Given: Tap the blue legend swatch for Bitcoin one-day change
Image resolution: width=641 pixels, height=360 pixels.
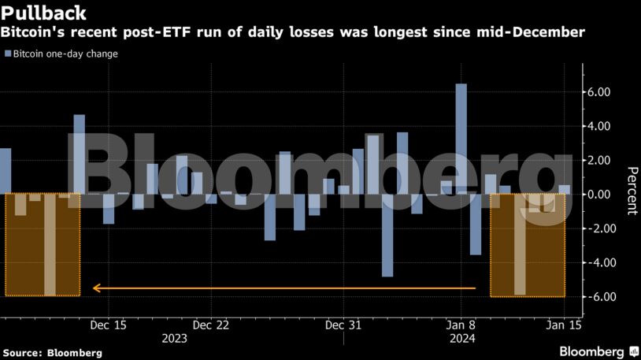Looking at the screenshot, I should coord(8,54).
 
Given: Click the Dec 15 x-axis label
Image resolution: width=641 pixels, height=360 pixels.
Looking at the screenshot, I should coord(109,325).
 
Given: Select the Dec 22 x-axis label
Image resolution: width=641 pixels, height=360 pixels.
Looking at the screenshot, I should coord(210,325).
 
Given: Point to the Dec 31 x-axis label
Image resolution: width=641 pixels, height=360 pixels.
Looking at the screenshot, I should coord(344,325).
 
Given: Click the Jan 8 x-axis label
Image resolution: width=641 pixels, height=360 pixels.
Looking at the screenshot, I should coord(461,325).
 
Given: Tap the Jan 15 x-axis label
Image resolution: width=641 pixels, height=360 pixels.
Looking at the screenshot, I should coord(564,325).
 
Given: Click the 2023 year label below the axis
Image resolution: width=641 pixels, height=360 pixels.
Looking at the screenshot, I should coord(174,338).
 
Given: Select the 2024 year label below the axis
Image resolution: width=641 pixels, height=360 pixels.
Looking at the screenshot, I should coord(461,338).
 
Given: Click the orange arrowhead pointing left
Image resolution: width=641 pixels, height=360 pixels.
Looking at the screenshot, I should coord(97,288).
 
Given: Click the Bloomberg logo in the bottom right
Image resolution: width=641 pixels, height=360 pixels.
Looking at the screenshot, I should coord(598,351).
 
